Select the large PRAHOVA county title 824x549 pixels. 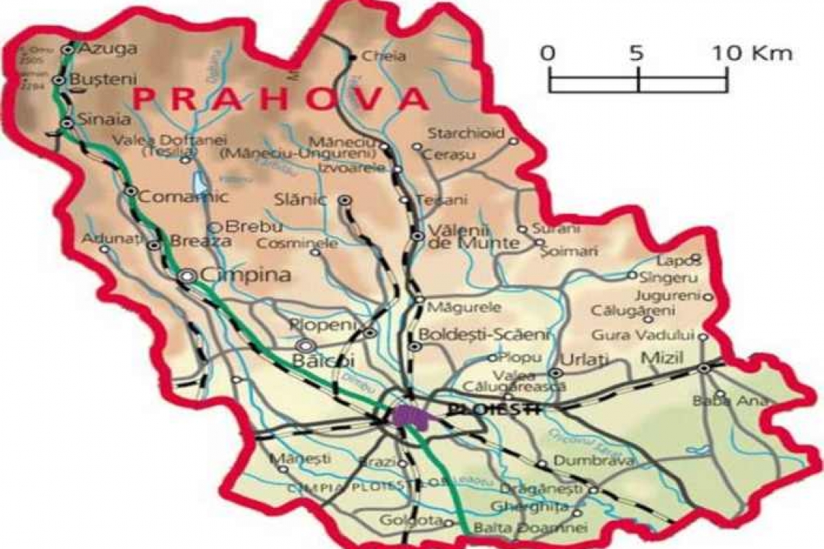pos(281,98)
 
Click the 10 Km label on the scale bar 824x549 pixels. pos(752,53)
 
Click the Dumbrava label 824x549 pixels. pos(584,460)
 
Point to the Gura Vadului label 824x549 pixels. pos(643,335)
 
